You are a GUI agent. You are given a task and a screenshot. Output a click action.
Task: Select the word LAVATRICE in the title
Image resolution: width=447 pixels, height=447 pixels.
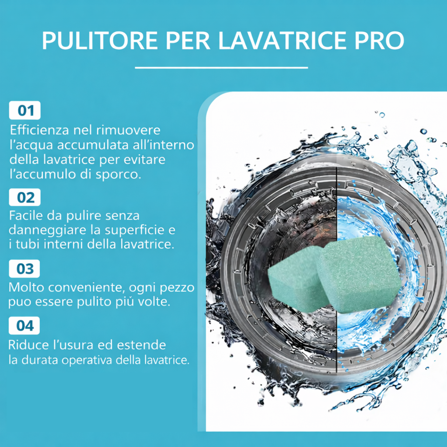click(282, 41)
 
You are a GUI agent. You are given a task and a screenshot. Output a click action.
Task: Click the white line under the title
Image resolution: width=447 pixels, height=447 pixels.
click(221, 67)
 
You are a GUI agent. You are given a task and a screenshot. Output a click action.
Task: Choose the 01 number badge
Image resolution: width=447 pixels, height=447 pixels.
click(25, 110)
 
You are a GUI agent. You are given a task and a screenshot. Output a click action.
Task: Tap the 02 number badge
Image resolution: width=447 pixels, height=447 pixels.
click(25, 197)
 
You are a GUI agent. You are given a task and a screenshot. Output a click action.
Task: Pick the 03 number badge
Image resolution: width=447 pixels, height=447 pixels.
click(24, 269)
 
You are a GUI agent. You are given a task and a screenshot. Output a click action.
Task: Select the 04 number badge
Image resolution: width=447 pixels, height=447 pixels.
click(24, 325)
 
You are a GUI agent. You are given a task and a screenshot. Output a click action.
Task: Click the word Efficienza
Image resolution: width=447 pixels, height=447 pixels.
click(39, 130)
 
